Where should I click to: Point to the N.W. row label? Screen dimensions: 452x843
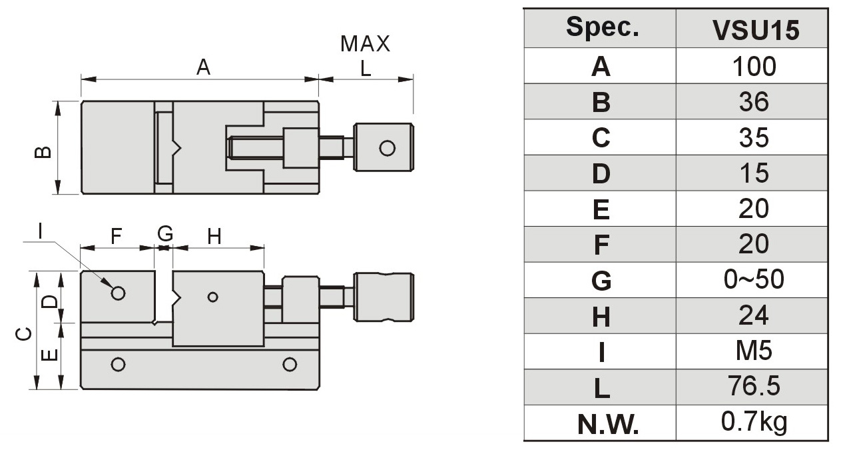[601, 424]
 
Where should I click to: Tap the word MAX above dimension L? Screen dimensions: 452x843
[365, 44]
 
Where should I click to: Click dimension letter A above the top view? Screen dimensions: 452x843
[203, 67]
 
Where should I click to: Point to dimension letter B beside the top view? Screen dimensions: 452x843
[43, 153]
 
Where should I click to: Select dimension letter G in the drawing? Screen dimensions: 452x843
[165, 234]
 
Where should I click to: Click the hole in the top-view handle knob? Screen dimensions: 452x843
[387, 147]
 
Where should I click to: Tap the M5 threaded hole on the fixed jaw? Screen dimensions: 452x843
[119, 293]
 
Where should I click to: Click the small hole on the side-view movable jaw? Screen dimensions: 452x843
[212, 297]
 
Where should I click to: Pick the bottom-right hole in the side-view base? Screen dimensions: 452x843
[289, 365]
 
